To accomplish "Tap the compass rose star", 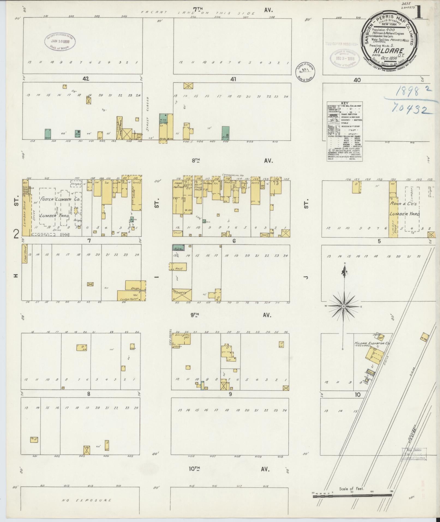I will pos(344,306).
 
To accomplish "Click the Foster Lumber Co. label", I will pos(61,199).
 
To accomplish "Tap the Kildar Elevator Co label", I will pos(372,343).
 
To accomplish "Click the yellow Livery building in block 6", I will pos(182,294).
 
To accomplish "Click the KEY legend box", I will pos(345,131).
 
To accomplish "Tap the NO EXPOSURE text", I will pos(87,500).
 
